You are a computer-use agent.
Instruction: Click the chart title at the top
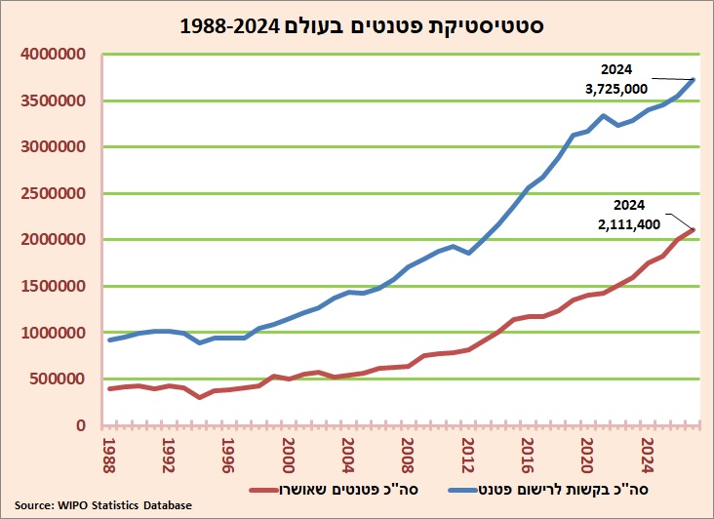(362, 26)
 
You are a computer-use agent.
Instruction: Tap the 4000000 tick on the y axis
(53, 55)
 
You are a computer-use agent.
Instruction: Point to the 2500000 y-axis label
(53, 193)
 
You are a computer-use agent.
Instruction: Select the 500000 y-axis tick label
(58, 379)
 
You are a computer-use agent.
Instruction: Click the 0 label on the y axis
(81, 425)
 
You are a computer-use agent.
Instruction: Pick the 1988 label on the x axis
(109, 456)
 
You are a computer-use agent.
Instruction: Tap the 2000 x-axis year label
(289, 456)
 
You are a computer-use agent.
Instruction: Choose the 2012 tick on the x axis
(467, 456)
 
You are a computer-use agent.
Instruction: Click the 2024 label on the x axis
(647, 456)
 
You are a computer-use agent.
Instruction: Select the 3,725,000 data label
(616, 89)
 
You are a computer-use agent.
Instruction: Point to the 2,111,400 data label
(629, 224)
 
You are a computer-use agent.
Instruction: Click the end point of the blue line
(694, 80)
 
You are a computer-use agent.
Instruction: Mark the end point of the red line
(694, 229)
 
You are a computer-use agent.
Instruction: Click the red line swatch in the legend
(264, 490)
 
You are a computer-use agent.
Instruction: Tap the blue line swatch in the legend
(463, 490)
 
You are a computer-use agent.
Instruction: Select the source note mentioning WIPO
(103, 505)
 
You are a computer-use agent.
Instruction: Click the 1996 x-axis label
(228, 456)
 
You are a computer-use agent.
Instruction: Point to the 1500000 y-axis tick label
(53, 286)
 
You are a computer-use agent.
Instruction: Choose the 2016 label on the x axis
(528, 456)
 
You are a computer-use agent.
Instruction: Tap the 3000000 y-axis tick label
(53, 146)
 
